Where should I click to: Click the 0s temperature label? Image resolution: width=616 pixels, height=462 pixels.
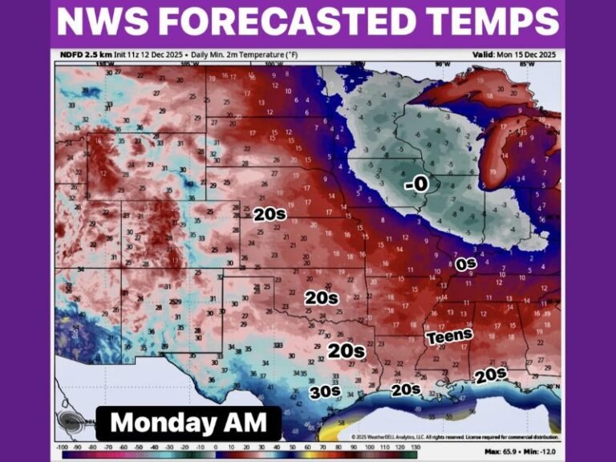[466, 263]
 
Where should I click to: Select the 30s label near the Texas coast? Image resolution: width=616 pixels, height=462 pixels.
[326, 392]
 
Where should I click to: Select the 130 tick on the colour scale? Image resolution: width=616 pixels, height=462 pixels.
[415, 446]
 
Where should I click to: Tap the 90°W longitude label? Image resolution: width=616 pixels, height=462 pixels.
[440, 63]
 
